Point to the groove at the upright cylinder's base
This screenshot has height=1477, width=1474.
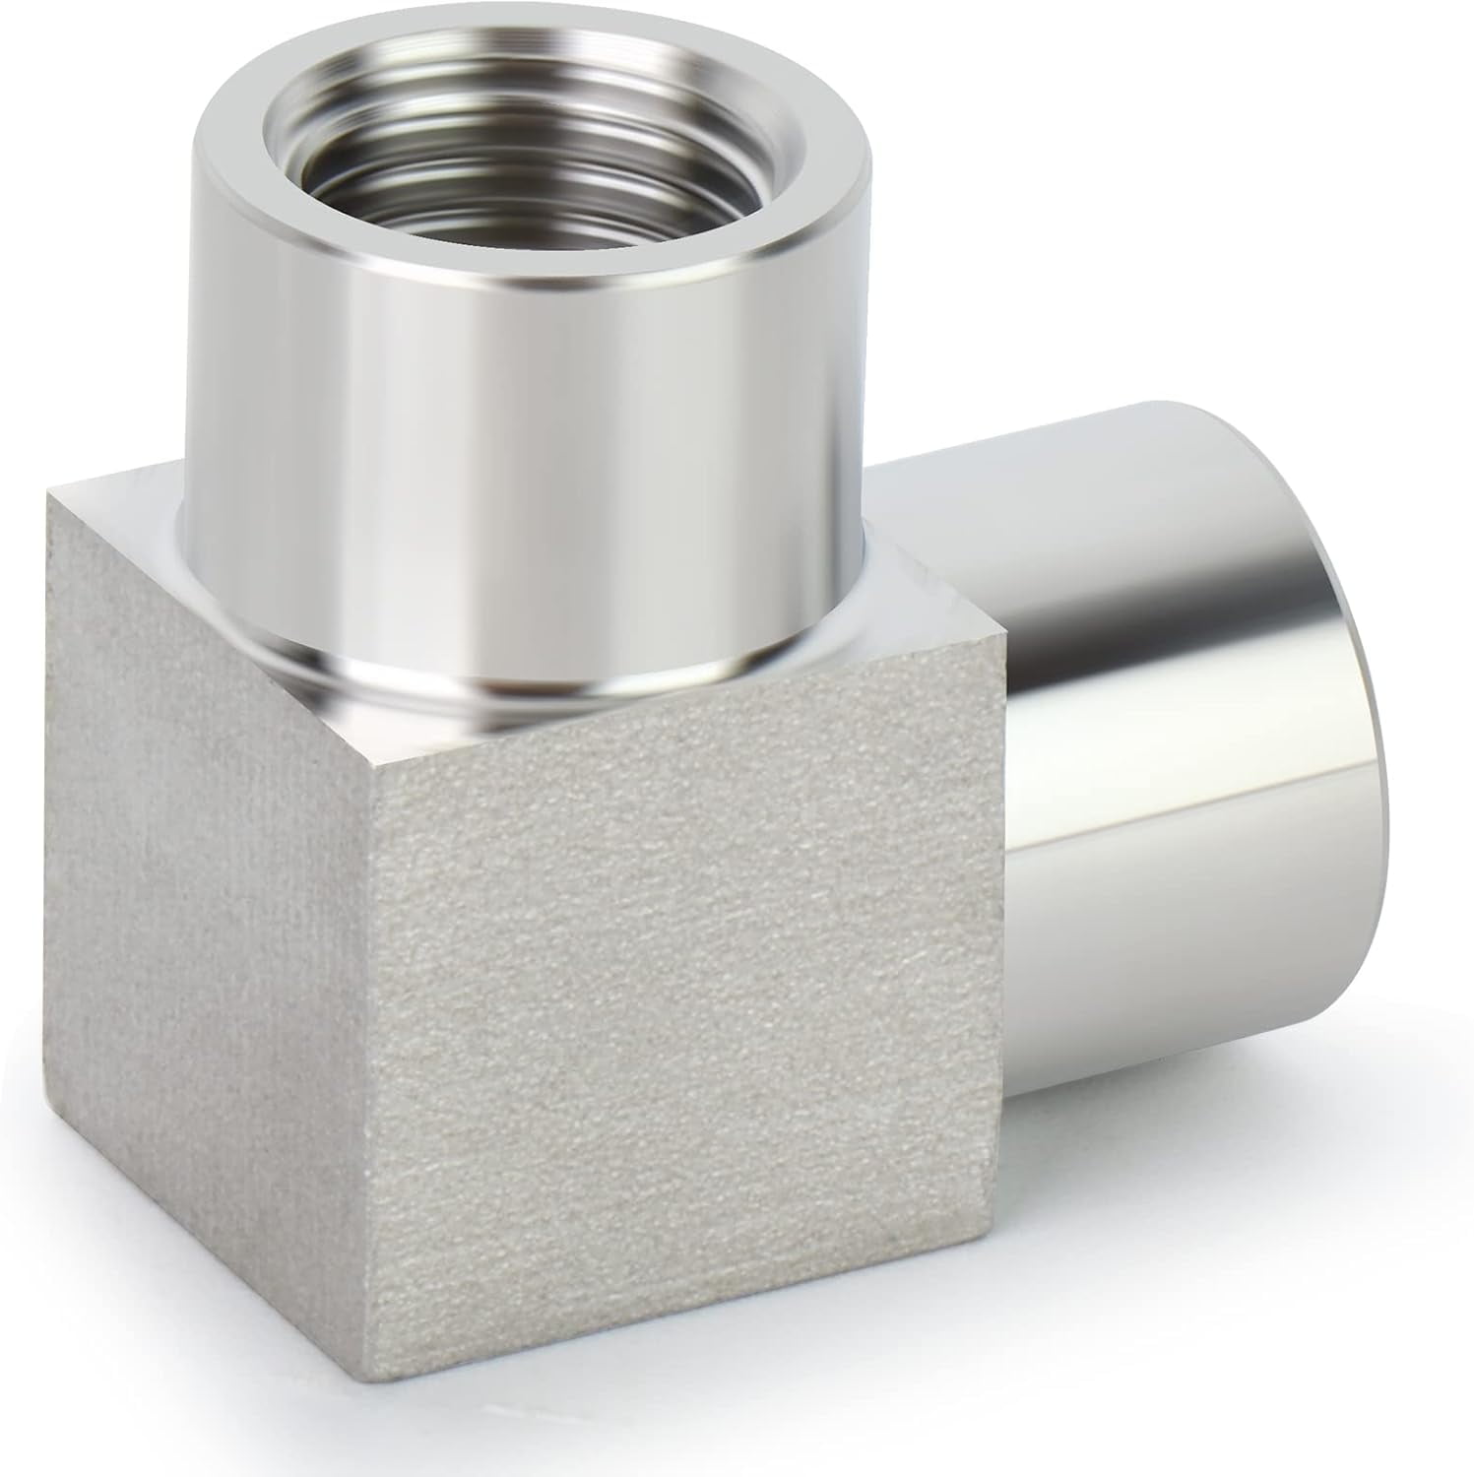click(x=492, y=679)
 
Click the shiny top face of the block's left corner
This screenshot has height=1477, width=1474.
click(x=118, y=512)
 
